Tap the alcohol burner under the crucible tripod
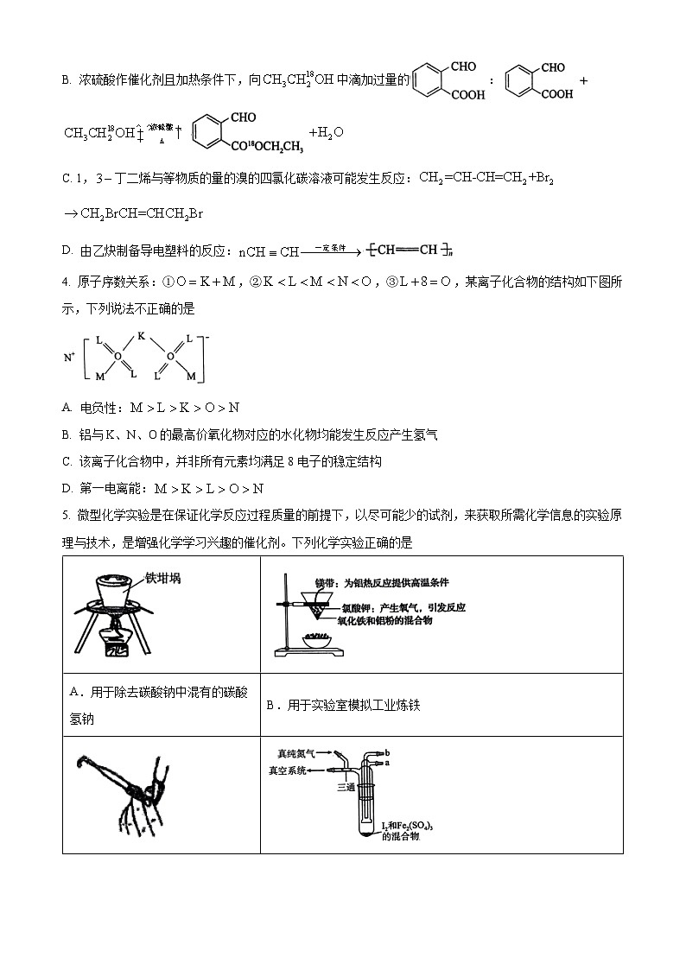[x=114, y=643]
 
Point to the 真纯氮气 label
[x=296, y=753]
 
